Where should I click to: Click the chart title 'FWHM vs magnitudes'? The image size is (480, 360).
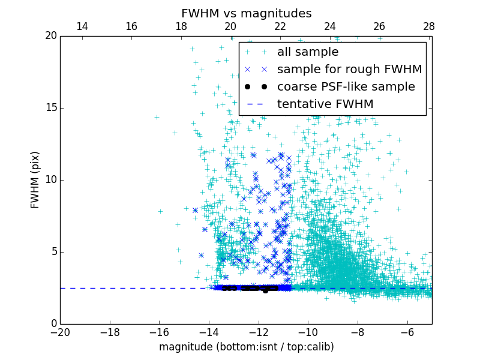[x=246, y=13]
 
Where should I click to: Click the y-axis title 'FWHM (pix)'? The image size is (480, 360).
[x=35, y=179]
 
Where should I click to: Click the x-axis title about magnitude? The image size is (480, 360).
[x=246, y=347]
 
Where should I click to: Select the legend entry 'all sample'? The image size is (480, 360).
[x=308, y=52]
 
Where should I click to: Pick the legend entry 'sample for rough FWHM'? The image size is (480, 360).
[x=349, y=70]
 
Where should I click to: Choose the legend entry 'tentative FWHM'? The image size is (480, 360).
[x=325, y=104]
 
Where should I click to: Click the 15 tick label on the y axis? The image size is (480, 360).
[x=50, y=108]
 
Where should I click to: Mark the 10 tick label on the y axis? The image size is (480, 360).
[x=50, y=180]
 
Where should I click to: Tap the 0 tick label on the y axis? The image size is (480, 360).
[x=53, y=324]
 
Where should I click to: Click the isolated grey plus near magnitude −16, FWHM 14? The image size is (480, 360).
[x=157, y=117]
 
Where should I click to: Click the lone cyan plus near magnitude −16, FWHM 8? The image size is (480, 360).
[x=160, y=211]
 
